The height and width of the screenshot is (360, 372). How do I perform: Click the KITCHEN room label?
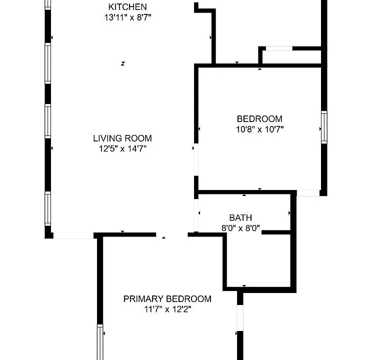pyautogui.click(x=127, y=7)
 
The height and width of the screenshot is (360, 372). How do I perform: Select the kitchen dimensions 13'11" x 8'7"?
pyautogui.click(x=127, y=17)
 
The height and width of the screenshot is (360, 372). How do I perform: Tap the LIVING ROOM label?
pyautogui.click(x=122, y=138)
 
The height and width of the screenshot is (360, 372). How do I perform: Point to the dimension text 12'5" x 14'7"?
pyautogui.click(x=122, y=149)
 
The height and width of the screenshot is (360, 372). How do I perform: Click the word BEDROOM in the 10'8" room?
pyautogui.click(x=259, y=119)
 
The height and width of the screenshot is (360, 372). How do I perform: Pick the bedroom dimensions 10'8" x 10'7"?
pyautogui.click(x=260, y=129)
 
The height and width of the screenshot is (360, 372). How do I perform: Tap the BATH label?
pyautogui.click(x=240, y=217)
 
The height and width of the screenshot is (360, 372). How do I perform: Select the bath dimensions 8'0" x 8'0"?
pyautogui.click(x=240, y=228)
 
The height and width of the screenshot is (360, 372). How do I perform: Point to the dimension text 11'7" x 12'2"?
pyautogui.click(x=167, y=309)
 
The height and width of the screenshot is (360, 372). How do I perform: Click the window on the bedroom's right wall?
pyautogui.click(x=324, y=127)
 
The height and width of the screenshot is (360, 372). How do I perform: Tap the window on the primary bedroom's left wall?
pyautogui.click(x=100, y=342)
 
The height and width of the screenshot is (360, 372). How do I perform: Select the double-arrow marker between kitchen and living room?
pyautogui.click(x=122, y=63)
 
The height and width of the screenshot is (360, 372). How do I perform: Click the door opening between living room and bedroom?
pyautogui.click(x=196, y=159)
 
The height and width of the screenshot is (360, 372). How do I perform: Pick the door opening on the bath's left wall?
pyautogui.click(x=196, y=215)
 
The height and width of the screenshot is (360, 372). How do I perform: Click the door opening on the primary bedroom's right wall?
pyautogui.click(x=240, y=318)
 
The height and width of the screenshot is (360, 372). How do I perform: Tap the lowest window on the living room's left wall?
pyautogui.click(x=47, y=209)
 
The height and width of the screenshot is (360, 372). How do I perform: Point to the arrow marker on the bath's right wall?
pyautogui.click(x=289, y=213)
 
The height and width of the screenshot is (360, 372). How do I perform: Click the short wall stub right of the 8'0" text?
pyautogui.click(x=276, y=232)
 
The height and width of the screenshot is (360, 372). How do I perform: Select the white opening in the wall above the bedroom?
pyautogui.click(x=279, y=48)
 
